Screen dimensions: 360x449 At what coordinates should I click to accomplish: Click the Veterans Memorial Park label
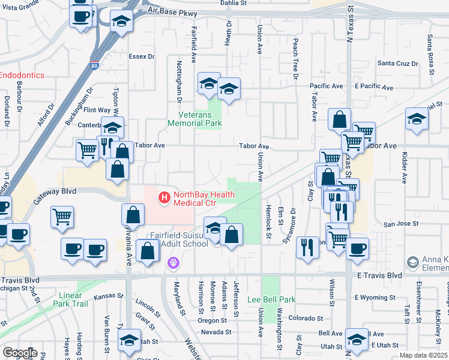point(200,119)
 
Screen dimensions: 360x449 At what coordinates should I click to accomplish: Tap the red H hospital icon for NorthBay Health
point(163,196)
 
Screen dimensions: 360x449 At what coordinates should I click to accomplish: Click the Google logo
point(19,353)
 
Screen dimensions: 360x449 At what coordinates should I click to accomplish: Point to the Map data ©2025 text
point(423,355)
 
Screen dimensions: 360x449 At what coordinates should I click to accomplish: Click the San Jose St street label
point(399,224)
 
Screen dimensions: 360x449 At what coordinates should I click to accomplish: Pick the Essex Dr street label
point(142,57)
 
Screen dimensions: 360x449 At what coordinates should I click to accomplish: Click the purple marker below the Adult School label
point(174,262)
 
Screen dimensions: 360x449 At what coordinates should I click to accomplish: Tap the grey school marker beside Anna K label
point(412,262)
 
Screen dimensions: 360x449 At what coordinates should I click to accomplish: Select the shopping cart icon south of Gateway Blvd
point(62,217)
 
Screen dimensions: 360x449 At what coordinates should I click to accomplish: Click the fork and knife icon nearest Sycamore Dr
point(307,246)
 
